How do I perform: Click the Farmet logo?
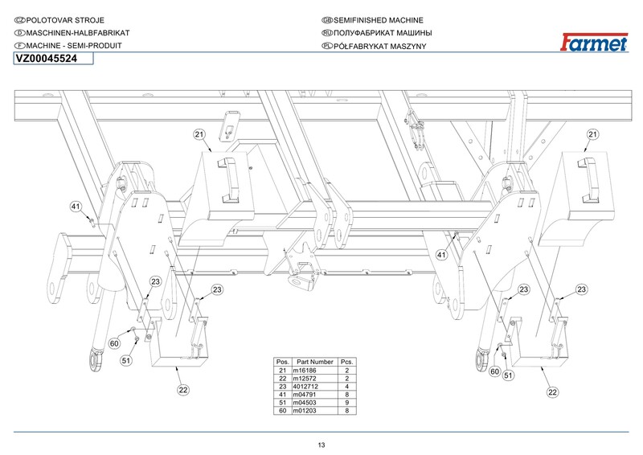click(594, 43)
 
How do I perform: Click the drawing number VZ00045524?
click(47, 59)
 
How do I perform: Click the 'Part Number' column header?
click(314, 362)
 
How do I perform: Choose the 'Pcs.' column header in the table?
click(347, 362)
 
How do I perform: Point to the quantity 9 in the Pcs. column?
click(347, 403)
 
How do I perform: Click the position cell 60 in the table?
click(283, 411)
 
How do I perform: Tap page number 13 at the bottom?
click(321, 445)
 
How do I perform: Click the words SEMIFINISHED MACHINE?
click(379, 20)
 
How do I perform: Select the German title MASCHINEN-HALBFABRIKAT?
click(78, 33)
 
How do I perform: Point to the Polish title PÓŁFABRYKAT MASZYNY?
click(380, 47)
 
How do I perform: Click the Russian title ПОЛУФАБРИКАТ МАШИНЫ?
click(383, 33)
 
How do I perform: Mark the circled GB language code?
click(327, 20)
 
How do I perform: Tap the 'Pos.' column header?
click(283, 362)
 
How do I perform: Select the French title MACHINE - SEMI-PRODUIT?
click(74, 46)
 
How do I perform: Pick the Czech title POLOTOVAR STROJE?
click(65, 20)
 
